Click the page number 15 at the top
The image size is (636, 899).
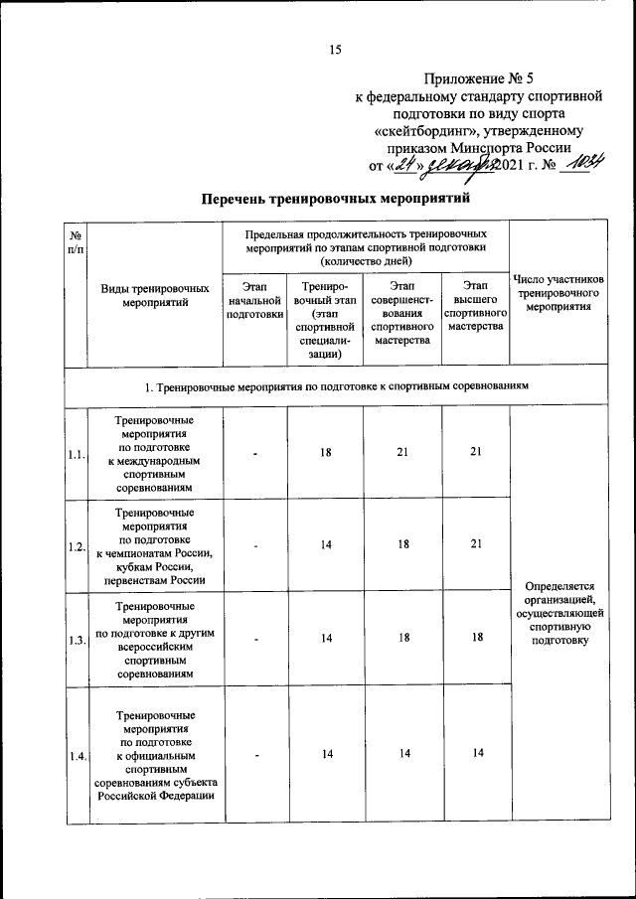point(335,51)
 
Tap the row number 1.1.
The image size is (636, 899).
point(76,454)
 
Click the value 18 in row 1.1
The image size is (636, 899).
point(326,452)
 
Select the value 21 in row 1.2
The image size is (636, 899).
point(476,544)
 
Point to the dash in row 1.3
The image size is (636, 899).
point(255,640)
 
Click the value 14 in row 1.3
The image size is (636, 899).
point(326,639)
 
